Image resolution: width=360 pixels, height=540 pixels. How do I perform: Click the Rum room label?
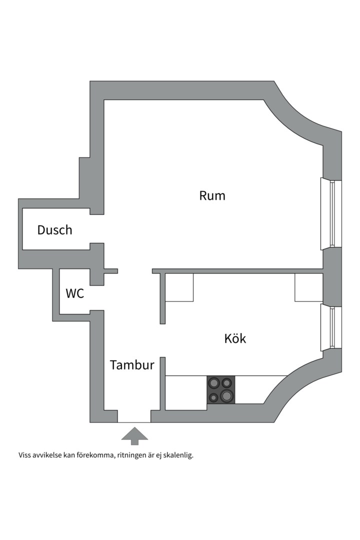pos(212,195)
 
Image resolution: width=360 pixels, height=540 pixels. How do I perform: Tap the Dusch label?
pos(55,230)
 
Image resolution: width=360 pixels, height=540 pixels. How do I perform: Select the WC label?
pos(75,293)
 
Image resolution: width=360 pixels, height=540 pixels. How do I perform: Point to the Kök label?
pos(235,338)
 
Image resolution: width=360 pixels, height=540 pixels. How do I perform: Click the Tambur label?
pos(132,365)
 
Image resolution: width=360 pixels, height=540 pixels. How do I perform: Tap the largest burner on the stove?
pos(226,396)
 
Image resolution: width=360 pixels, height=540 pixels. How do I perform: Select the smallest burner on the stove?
pos(214,398)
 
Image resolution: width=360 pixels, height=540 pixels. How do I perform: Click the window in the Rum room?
pos(331,213)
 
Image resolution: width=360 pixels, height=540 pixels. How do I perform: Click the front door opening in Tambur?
pos(134,416)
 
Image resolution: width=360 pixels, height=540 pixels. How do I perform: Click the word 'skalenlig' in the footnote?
pos(177,455)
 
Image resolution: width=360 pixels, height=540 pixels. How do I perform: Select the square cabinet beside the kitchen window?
pos(308,288)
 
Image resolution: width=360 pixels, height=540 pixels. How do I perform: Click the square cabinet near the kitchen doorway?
pos(179,288)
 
